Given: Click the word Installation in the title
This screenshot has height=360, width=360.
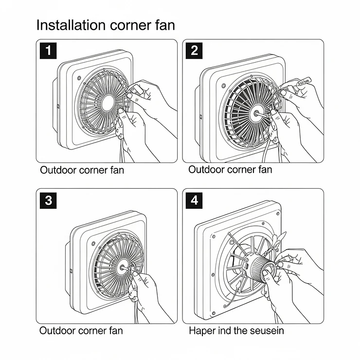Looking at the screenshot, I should point(71,25).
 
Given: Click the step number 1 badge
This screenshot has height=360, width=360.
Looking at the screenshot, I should point(48,50).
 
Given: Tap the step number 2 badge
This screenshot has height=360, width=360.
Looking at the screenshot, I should point(195,50).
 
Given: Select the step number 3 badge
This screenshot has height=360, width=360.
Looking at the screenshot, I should point(48,200).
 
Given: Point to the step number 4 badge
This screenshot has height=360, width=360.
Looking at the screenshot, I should point(195,200).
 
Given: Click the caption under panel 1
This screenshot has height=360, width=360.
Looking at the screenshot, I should point(82,170).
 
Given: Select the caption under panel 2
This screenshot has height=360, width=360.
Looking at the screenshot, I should point(230,170).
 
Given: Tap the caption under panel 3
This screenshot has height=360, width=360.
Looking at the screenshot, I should point(81,331).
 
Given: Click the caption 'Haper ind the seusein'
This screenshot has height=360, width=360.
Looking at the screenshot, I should point(236,331).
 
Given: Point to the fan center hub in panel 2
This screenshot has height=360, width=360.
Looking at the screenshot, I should point(254,111).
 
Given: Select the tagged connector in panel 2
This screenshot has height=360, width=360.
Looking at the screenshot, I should point(302,84).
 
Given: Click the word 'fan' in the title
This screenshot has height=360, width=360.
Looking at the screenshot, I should point(162,25).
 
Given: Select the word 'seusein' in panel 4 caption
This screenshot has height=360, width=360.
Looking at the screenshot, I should point(266,331).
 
